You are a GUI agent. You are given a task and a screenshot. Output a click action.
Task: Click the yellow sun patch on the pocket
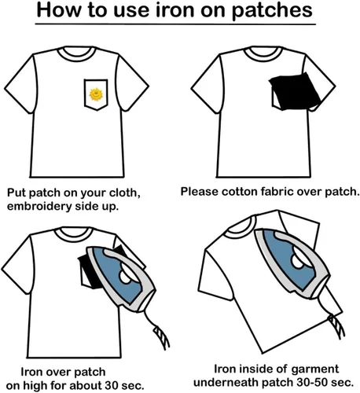click(x=96, y=94)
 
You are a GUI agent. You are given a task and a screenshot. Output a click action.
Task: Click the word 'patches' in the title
click(x=272, y=10)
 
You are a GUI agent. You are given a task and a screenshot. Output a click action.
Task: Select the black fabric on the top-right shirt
click(x=295, y=91)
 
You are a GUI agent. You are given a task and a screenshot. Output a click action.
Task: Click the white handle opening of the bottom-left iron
click(x=127, y=277)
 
